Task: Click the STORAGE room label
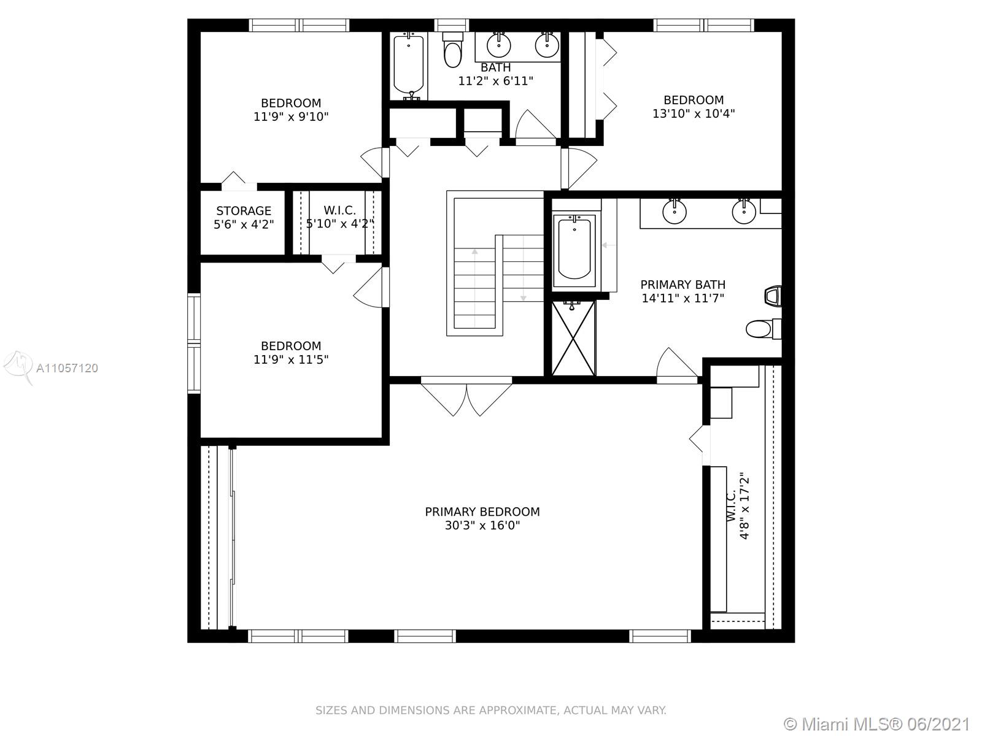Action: tap(244, 210)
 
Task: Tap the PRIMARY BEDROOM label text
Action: tap(482, 512)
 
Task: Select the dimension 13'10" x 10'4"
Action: tap(694, 113)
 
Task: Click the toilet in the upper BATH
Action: tap(453, 50)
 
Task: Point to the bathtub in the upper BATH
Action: tap(409, 66)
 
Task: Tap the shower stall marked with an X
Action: tap(573, 339)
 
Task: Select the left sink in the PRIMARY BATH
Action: tap(674, 211)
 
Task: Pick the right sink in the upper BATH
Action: tap(547, 45)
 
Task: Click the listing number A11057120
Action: tap(67, 368)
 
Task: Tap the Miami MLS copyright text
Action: tap(877, 724)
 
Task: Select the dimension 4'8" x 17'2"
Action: tap(744, 508)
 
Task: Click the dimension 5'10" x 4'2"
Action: tap(340, 223)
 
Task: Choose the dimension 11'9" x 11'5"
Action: tap(291, 359)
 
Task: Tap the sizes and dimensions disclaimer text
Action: tap(491, 710)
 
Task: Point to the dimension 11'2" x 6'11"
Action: tap(496, 81)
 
